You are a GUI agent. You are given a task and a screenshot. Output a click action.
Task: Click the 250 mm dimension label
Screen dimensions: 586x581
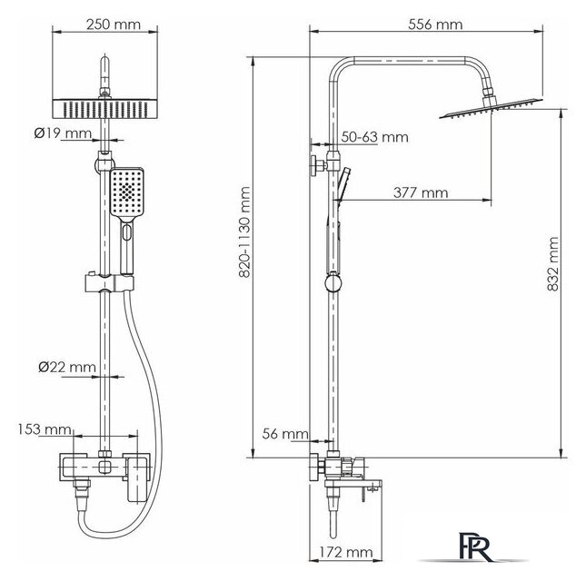(114, 25)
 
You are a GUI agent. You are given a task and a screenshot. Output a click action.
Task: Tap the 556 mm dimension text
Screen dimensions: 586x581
(435, 25)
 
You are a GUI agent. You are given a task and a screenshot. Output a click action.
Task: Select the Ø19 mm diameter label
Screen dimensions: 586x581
(63, 133)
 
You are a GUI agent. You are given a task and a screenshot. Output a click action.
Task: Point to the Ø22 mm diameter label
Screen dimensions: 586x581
(67, 367)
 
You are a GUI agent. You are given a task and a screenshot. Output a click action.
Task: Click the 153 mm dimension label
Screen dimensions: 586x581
(45, 429)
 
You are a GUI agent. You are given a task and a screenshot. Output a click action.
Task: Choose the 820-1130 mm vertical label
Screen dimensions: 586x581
(244, 232)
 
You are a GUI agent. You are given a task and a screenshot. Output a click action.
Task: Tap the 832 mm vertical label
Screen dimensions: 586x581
(552, 264)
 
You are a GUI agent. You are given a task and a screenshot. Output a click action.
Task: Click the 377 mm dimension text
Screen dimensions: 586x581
(421, 192)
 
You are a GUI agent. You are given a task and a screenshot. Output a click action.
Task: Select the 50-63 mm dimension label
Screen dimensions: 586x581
(375, 137)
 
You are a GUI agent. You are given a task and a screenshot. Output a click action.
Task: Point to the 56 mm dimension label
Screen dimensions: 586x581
(285, 434)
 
